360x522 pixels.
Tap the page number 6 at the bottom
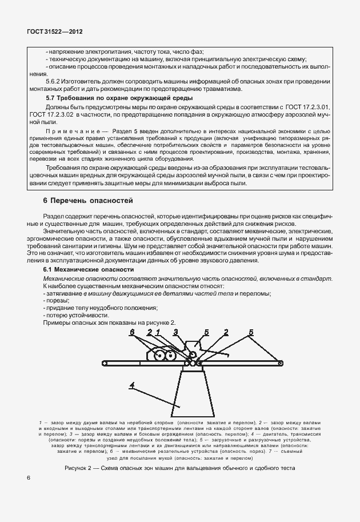[29, 478]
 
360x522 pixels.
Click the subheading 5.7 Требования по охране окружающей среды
[119, 99]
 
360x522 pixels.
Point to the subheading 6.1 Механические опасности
[89, 269]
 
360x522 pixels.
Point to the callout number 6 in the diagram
[131, 332]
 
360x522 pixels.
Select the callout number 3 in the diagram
[176, 332]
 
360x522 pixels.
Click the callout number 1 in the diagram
[158, 332]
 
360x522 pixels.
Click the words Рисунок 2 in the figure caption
[81, 467]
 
